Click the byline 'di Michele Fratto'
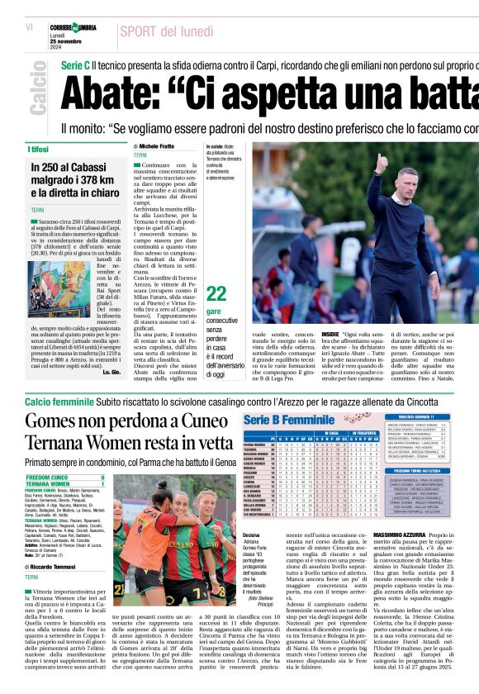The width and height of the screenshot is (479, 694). pyautogui.click(x=159, y=145)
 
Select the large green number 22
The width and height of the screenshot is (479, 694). pyautogui.click(x=216, y=293)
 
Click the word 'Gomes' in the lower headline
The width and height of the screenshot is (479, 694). pyautogui.click(x=55, y=421)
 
